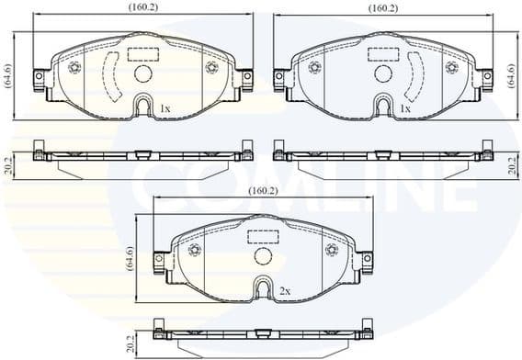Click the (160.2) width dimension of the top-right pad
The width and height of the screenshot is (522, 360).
[382, 9]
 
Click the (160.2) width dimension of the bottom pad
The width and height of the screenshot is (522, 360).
[263, 191]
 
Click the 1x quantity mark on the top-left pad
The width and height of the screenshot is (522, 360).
[165, 108]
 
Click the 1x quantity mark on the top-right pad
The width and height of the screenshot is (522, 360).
[404, 108]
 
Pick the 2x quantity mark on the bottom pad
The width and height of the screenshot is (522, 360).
[285, 291]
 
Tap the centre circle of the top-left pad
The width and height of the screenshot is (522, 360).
[142, 75]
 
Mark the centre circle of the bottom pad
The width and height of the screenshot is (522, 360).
[264, 258]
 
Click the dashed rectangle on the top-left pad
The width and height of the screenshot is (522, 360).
[142, 53]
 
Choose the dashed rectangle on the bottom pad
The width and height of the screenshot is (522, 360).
[264, 236]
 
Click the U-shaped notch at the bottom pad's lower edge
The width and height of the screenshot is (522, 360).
[264, 291]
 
